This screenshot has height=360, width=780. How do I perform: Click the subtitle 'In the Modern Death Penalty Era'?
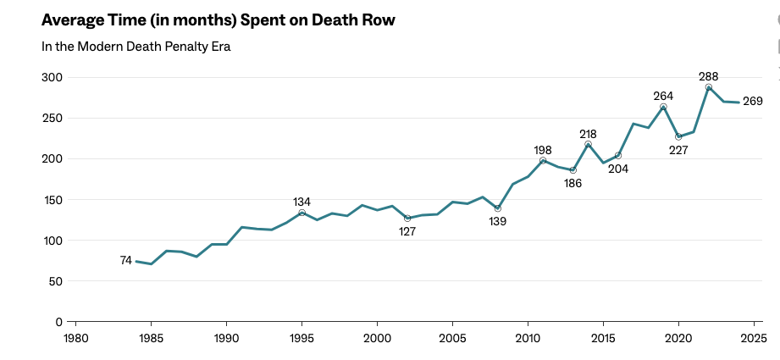coord(136,47)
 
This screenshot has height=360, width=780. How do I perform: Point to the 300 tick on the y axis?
coord(53,78)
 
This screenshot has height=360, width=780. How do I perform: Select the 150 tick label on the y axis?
coord(53,200)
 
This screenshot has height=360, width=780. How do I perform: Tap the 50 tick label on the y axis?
coord(56,281)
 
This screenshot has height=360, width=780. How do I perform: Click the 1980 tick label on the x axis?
coord(76,338)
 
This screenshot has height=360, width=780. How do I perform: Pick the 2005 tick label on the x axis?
coord(452,338)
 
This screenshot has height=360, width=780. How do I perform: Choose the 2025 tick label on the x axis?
coord(753,338)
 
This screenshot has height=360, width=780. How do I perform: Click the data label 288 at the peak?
coord(708,76)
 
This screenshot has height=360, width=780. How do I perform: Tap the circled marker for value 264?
coord(663,108)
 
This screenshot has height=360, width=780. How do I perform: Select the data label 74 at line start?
coord(125,261)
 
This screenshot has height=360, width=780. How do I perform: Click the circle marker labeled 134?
coord(301,213)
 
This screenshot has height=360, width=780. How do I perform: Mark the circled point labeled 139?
coord(498,208)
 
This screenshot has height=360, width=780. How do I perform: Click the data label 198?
coord(543,150)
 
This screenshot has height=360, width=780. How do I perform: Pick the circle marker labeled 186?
coord(573,170)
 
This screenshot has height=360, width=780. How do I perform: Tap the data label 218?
coord(588,134)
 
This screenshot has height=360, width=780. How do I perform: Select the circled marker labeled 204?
coord(618,156)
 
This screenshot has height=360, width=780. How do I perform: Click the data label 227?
coord(678,150)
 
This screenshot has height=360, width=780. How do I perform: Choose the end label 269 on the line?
coord(753,102)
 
